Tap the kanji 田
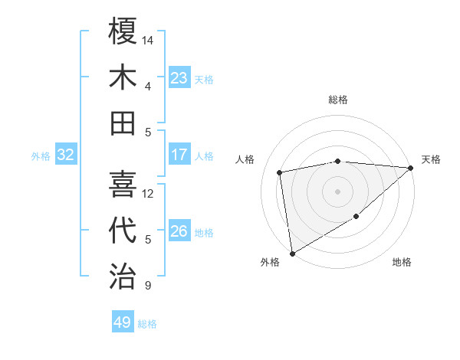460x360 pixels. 123,123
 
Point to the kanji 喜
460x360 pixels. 123,184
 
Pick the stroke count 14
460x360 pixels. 149,38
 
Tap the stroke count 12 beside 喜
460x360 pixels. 149,193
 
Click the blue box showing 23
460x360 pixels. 179,78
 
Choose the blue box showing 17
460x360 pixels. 179,155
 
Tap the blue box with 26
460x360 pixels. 179,231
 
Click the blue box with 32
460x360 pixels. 66,155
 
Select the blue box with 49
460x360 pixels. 123,322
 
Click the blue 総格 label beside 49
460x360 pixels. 147,324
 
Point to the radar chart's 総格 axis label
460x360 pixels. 337,100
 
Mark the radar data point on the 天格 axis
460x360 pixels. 411,168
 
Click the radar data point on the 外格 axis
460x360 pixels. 292,253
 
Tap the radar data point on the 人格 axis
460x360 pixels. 280,172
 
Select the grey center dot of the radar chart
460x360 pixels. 337,191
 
